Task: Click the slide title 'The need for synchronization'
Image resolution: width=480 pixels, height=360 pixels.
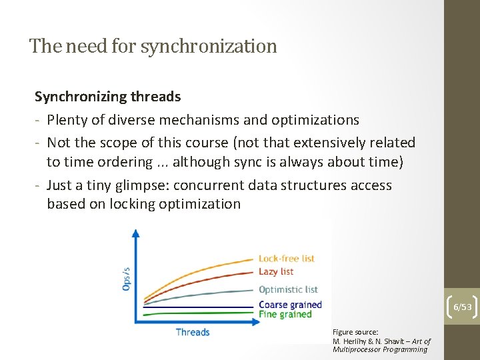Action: pos(153,47)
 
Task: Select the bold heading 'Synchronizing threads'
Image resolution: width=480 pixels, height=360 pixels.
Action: pos(107,97)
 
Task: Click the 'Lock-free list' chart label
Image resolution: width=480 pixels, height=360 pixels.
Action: pos(285,259)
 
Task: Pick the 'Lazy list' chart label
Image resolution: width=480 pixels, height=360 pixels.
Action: pos(276,271)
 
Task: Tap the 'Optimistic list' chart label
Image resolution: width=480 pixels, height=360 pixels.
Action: pos(288,289)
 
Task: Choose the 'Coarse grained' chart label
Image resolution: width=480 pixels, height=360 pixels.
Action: pos(290,305)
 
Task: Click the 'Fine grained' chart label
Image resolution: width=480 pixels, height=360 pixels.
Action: pos(285,314)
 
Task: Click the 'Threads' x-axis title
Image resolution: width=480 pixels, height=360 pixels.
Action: pos(193,332)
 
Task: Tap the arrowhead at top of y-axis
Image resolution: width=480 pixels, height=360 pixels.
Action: pos(136,233)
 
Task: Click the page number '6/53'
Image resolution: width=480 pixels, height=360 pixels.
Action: pos(463,307)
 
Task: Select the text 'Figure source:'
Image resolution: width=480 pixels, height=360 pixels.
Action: pos(355,331)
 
